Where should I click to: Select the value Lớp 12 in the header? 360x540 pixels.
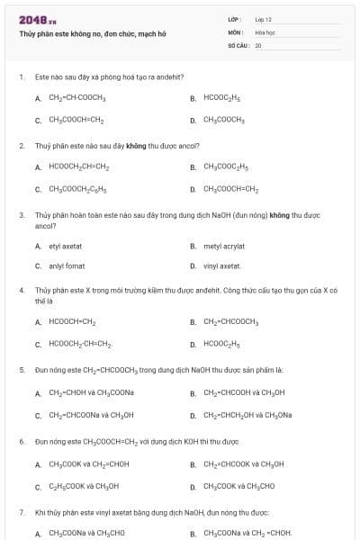click(x=263, y=19)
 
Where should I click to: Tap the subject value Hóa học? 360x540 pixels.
click(x=265, y=31)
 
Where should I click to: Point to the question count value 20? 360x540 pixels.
click(x=257, y=44)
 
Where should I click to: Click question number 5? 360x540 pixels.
click(x=22, y=369)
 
